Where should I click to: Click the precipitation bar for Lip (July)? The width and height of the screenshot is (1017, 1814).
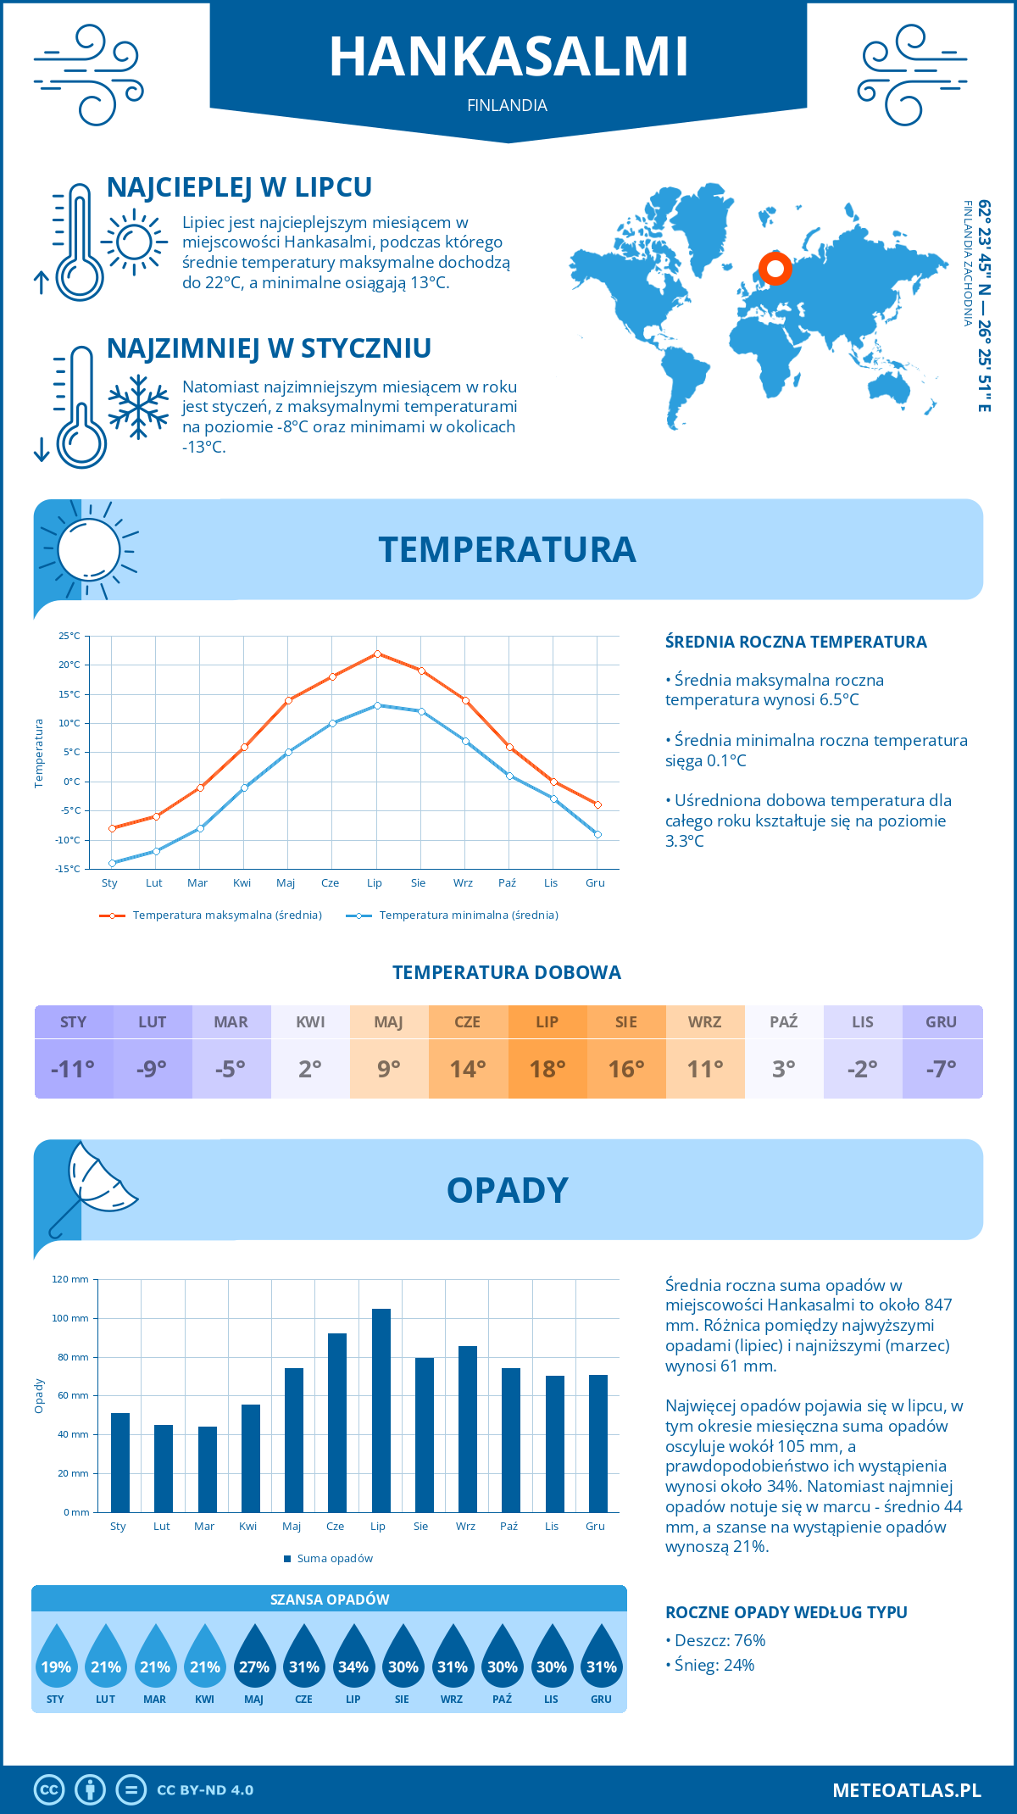pyautogui.click(x=381, y=1411)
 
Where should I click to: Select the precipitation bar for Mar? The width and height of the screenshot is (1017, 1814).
pyautogui.click(x=207, y=1469)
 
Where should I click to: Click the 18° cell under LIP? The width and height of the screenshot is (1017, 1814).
pyautogui.click(x=547, y=1069)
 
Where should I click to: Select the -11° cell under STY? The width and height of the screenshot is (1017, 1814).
pyautogui.click(x=74, y=1069)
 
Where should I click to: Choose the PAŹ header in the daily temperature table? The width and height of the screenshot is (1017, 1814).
pyautogui.click(x=784, y=1022)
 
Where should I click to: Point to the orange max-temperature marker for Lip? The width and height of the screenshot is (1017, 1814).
pyautogui.click(x=377, y=654)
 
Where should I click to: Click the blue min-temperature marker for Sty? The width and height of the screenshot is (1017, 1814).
pyautogui.click(x=112, y=863)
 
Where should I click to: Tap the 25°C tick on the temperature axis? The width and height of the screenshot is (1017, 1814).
pyautogui.click(x=69, y=636)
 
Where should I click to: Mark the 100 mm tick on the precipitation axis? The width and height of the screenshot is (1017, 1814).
pyautogui.click(x=70, y=1318)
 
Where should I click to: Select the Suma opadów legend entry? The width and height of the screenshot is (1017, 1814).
pyautogui.click(x=334, y=1558)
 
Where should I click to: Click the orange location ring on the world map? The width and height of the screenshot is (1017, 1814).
pyautogui.click(x=775, y=269)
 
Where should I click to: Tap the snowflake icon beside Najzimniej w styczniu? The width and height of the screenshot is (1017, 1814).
pyautogui.click(x=138, y=407)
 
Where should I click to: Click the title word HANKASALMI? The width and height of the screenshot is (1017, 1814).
pyautogui.click(x=508, y=57)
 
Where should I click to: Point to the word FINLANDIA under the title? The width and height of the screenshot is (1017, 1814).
pyautogui.click(x=507, y=105)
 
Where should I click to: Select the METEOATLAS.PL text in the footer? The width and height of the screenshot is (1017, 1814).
pyautogui.click(x=906, y=1789)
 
